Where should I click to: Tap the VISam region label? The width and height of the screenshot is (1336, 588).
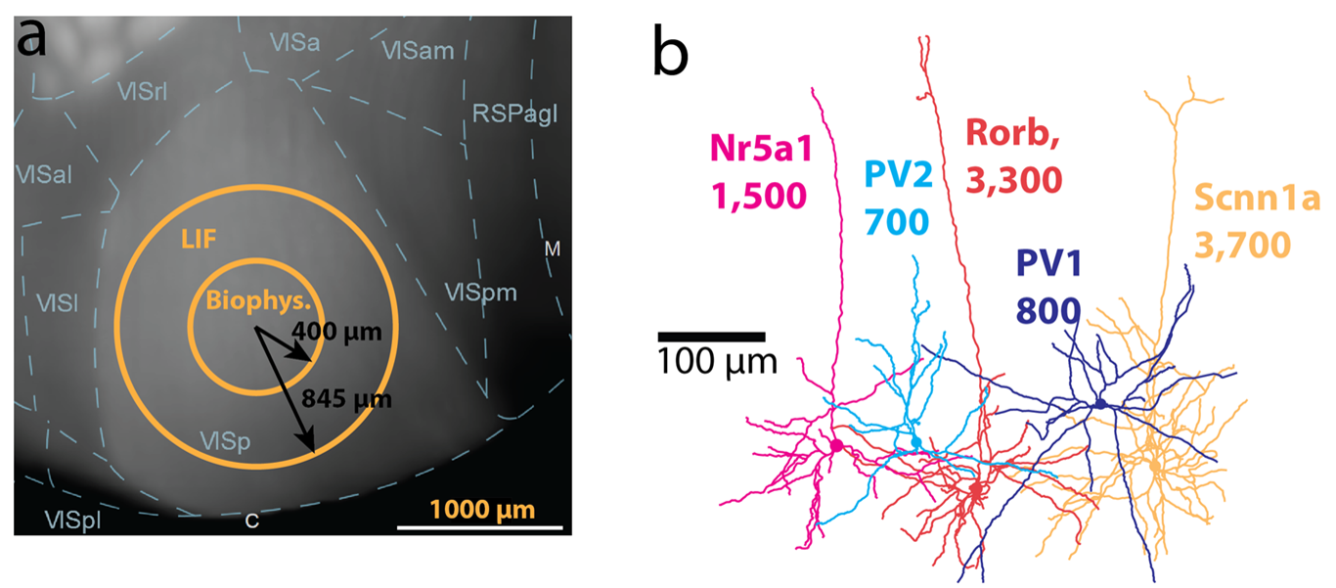[x=418, y=50]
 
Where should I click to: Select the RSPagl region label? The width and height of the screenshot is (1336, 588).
[x=514, y=113]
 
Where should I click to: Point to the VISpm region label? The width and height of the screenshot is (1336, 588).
[x=479, y=292]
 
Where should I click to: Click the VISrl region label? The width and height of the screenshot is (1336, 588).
[x=143, y=91]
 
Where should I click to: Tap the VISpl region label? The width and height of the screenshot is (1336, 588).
[x=72, y=520]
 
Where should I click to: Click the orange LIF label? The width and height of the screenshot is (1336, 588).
[x=200, y=239]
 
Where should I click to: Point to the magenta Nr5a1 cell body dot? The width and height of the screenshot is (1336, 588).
[x=836, y=446]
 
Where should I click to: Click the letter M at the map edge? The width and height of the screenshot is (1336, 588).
[x=553, y=249]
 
